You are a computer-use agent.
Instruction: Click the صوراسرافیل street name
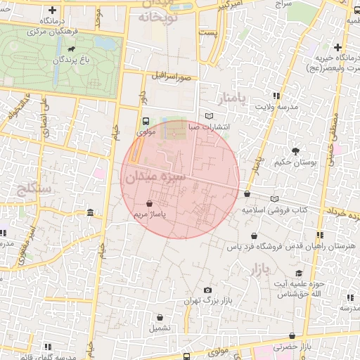pos(169,75)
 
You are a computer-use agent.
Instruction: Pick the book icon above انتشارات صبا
pos(208,116)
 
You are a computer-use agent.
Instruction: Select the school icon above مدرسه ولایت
pos(276,96)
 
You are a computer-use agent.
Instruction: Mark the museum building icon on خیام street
pos(110,212)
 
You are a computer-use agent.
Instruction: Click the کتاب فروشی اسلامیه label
pos(276,210)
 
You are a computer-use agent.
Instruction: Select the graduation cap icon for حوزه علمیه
pos(299,273)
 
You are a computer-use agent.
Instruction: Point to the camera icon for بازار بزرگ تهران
pos(207,290)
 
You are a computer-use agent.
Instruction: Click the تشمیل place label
pos(159,328)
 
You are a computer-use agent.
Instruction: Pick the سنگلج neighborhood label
pos(32,188)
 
